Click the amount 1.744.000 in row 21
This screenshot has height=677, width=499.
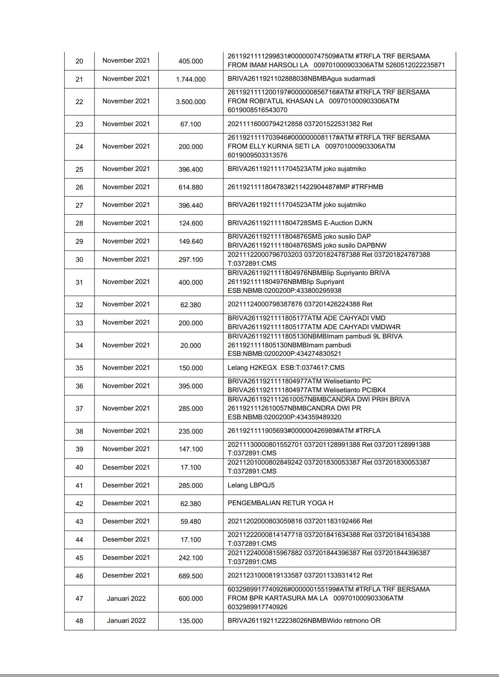[191, 79]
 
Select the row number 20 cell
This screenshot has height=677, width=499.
[79, 61]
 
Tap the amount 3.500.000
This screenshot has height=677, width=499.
[191, 102]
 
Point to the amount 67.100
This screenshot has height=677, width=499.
[191, 124]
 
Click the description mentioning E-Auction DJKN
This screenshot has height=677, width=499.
[300, 223]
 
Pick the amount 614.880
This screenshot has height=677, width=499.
[191, 187]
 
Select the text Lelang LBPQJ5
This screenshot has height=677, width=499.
[251, 485]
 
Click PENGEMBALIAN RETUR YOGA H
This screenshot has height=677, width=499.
[280, 503]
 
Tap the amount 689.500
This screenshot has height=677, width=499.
[191, 576]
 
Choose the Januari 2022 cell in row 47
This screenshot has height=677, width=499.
[126, 598]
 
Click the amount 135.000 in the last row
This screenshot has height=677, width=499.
[191, 621]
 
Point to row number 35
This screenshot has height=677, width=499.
[79, 368]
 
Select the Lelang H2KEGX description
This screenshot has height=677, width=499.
[286, 368]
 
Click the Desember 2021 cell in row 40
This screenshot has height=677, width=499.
[126, 467]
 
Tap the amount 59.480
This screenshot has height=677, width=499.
[191, 521]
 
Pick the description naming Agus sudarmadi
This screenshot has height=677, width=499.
[301, 79]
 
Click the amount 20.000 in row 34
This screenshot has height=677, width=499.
[191, 345]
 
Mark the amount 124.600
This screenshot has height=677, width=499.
[191, 223]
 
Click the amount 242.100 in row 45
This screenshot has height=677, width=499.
[191, 558]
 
